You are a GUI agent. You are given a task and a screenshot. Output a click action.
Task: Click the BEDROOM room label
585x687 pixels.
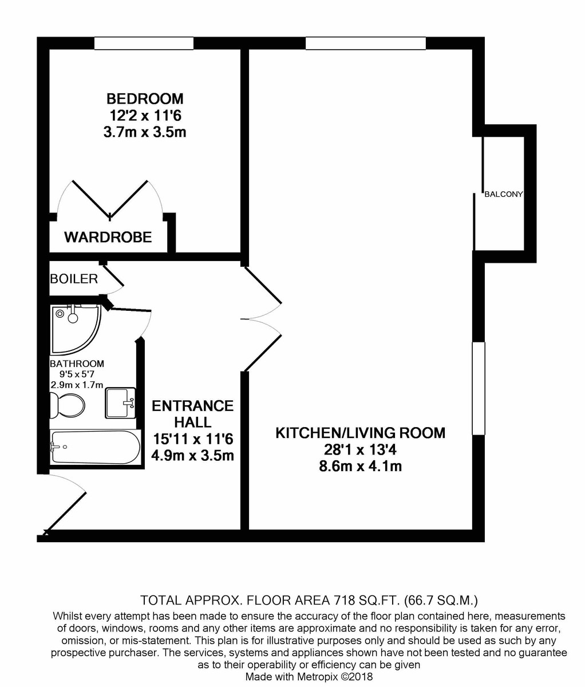tap(145, 98)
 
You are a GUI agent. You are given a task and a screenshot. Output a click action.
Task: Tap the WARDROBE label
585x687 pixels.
tap(108, 238)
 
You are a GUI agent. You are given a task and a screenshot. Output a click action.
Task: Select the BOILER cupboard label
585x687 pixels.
tap(74, 279)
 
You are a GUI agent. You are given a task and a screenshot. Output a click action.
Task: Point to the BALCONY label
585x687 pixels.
tap(504, 194)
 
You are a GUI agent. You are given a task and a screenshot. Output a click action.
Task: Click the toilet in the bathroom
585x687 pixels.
tap(67, 406)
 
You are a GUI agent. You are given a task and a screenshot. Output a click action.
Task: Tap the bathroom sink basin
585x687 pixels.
tap(120, 403)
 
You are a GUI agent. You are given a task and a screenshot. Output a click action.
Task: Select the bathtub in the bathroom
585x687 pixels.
tap(96, 447)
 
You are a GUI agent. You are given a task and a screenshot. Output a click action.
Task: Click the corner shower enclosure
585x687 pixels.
tap(76, 329)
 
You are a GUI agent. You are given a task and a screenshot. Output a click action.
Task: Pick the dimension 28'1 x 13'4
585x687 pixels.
tap(360, 450)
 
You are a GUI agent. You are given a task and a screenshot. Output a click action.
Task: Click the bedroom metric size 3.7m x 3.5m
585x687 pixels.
tap(145, 132)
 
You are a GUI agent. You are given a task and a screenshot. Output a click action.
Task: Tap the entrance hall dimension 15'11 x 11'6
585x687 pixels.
tap(193, 439)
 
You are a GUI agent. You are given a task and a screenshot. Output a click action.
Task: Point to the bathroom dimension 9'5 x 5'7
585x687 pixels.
tap(77, 374)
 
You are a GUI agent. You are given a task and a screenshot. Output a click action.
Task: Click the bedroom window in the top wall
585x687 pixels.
tap(144, 44)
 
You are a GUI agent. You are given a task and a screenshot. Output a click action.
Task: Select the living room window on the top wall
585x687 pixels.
tap(366, 44)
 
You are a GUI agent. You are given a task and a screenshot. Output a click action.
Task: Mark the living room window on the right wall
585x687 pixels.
tap(479, 389)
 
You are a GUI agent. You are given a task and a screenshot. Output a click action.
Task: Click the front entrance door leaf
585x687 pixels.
tap(65, 513)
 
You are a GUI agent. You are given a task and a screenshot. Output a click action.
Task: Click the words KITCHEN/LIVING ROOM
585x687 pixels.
tap(360, 433)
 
